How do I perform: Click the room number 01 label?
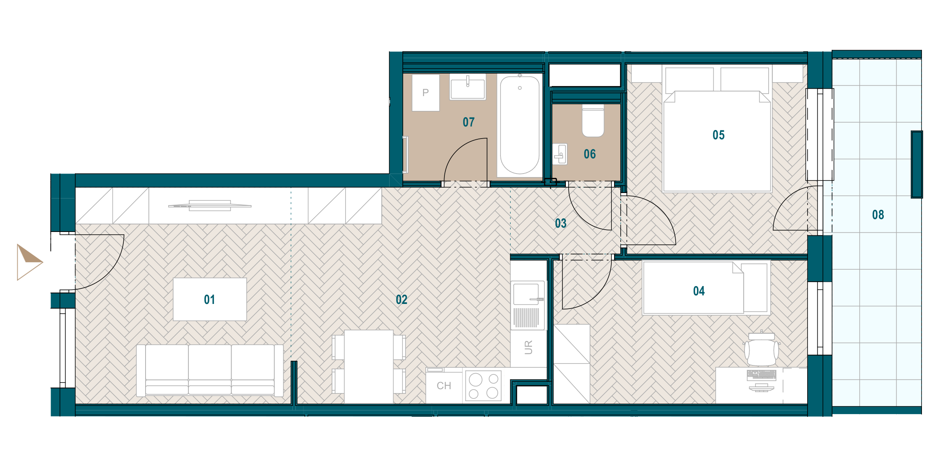(x=209, y=299)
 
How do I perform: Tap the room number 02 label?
(x=402, y=299)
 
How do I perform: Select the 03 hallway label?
(x=561, y=223)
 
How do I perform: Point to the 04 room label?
(x=699, y=291)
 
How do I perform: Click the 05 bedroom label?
(x=719, y=135)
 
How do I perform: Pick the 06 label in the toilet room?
(x=590, y=154)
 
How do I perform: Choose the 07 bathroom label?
(x=469, y=122)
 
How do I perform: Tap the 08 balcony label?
(x=878, y=215)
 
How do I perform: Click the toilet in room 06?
(x=593, y=120)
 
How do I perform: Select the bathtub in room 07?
(x=520, y=125)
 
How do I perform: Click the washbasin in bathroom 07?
(x=468, y=87)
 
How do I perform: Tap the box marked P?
(x=426, y=93)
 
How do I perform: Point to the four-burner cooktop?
(x=483, y=386)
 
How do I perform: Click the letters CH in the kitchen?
(x=444, y=386)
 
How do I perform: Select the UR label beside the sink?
(x=528, y=347)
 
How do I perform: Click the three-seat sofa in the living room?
(x=210, y=370)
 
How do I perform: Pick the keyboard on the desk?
(x=762, y=375)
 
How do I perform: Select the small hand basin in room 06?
(x=560, y=154)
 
